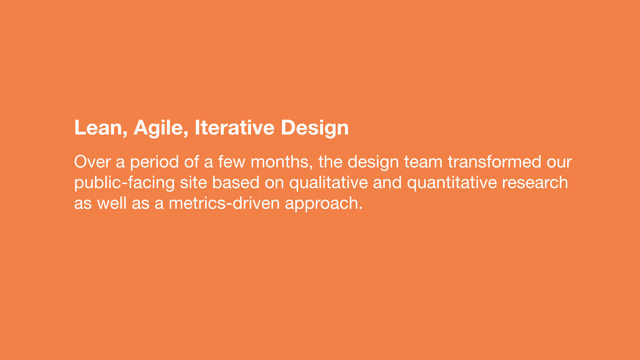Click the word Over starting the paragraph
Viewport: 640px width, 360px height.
click(x=92, y=162)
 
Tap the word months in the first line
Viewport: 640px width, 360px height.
click(x=280, y=162)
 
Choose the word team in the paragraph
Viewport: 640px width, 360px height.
click(x=423, y=162)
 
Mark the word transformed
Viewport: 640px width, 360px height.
click(x=494, y=162)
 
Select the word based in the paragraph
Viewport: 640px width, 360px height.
click(x=236, y=182)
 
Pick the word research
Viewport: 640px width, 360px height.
click(x=535, y=182)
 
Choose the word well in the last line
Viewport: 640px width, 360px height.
click(x=112, y=203)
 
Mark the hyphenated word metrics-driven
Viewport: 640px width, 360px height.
click(x=224, y=203)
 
